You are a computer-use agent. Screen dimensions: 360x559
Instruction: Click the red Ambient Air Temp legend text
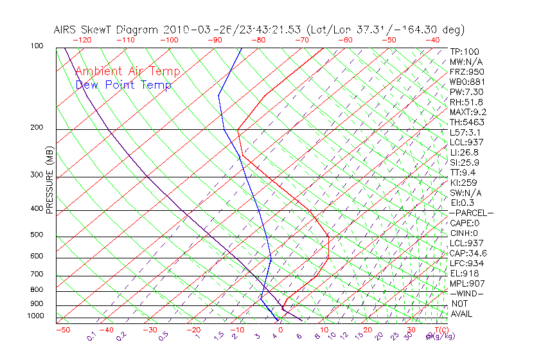pyautogui.click(x=127, y=71)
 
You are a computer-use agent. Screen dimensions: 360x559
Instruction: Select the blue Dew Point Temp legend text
pyautogui.click(x=123, y=85)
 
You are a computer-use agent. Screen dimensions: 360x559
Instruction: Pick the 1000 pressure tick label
pyautogui.click(x=37, y=316)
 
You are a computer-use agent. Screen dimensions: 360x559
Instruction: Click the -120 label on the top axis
pyautogui.click(x=82, y=40)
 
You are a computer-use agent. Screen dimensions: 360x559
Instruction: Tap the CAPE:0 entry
pyautogui.click(x=465, y=223)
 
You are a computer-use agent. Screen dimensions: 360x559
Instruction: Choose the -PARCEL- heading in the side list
pyautogui.click(x=472, y=213)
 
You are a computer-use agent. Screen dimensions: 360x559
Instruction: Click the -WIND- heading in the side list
pyautogui.click(x=466, y=293)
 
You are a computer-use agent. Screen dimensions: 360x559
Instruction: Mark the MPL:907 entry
pyautogui.click(x=466, y=283)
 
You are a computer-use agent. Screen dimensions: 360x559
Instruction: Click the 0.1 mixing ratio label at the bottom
pyautogui.click(x=91, y=336)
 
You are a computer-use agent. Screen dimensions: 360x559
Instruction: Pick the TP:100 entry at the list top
pyautogui.click(x=465, y=51)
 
